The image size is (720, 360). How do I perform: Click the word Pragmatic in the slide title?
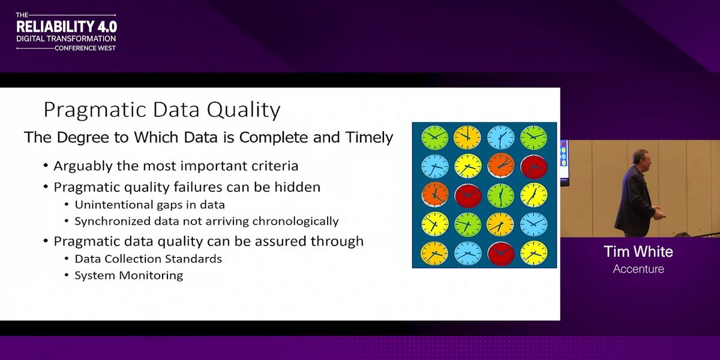click(95, 110)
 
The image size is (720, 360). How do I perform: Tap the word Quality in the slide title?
click(244, 110)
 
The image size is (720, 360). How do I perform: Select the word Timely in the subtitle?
click(370, 138)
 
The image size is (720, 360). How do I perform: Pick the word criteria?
click(275, 166)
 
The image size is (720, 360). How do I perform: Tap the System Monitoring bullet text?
click(129, 276)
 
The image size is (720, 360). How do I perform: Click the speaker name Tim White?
click(638, 251)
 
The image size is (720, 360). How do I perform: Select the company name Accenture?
click(638, 269)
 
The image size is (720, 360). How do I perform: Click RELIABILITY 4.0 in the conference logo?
click(67, 27)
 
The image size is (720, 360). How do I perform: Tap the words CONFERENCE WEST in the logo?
click(85, 48)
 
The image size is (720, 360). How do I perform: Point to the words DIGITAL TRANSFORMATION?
click(66, 39)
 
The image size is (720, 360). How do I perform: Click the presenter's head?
click(641, 158)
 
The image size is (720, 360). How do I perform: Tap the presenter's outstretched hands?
click(658, 213)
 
